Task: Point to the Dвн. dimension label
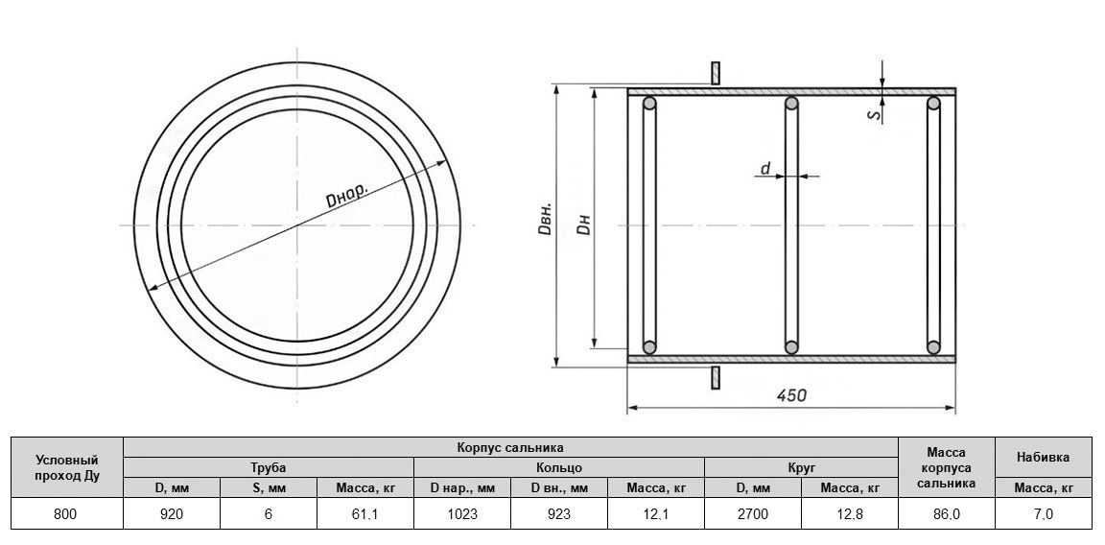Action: [x=546, y=220]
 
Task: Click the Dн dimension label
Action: [x=583, y=223]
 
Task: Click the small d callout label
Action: [x=765, y=168]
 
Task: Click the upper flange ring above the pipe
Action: [x=716, y=73]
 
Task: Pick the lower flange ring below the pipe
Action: [x=716, y=377]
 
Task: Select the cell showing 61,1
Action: [x=365, y=514]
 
